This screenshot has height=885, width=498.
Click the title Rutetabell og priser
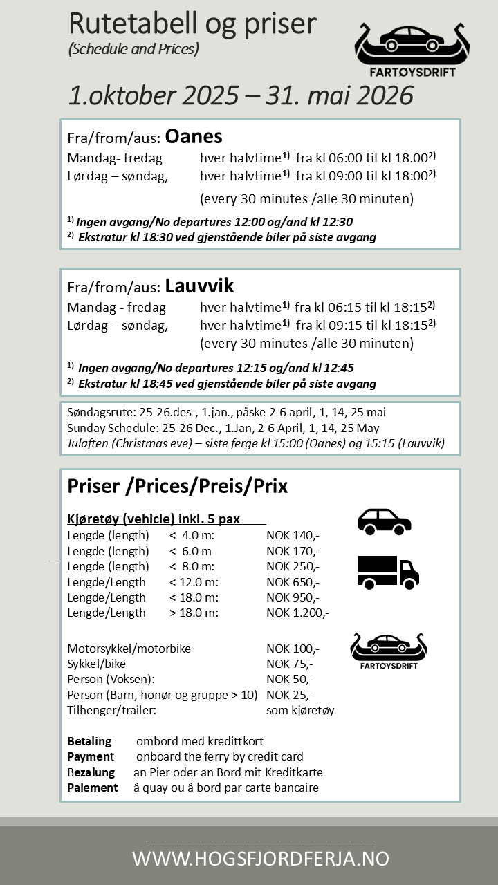click(x=192, y=24)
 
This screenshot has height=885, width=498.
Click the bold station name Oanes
click(x=194, y=136)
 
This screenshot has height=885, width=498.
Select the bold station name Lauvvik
click(x=199, y=285)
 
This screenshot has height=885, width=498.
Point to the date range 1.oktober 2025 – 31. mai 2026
click(x=241, y=95)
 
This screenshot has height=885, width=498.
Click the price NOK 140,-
click(x=293, y=536)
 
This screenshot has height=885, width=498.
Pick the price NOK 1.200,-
click(x=297, y=613)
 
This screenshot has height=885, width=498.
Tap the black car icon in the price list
click(x=384, y=522)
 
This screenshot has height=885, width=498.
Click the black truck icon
click(x=388, y=572)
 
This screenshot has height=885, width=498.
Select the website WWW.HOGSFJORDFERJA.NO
click(x=261, y=859)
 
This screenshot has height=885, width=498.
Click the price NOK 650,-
click(x=293, y=582)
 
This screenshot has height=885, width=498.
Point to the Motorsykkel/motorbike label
click(x=129, y=649)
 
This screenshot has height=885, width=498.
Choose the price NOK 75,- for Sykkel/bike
click(x=290, y=664)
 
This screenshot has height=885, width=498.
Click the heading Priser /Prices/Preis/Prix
click(x=177, y=486)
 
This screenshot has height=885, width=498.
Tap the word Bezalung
click(x=93, y=772)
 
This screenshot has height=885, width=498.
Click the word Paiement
click(x=93, y=788)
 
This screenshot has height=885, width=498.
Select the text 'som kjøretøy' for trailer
click(x=300, y=710)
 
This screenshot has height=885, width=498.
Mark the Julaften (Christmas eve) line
click(x=256, y=443)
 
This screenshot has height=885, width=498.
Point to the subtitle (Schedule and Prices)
click(x=133, y=50)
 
